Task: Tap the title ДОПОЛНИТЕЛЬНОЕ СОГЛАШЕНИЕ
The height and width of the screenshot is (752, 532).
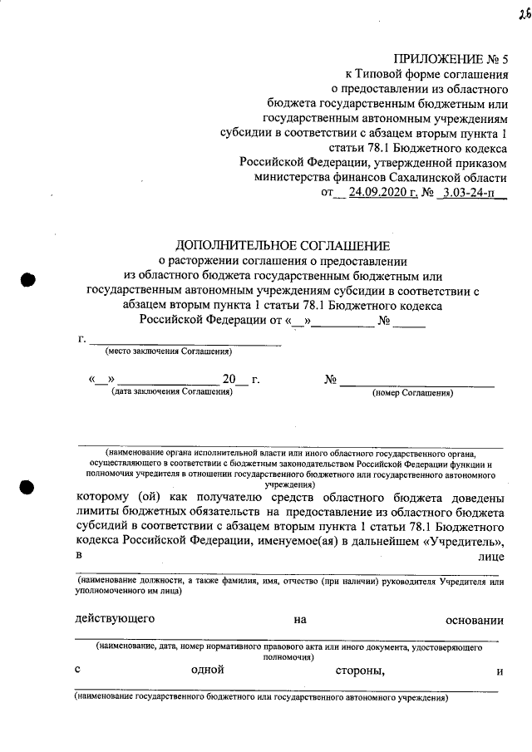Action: pos(282,245)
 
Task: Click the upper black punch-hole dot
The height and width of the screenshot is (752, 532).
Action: pos(27,280)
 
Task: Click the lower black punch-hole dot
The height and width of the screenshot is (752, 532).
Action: pos(27,489)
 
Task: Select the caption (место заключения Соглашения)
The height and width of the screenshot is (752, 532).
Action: pos(167,352)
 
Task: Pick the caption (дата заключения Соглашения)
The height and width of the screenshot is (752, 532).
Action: pos(171,392)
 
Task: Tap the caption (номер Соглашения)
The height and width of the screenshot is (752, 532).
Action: pos(412,392)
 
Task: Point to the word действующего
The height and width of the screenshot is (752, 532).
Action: pos(114,619)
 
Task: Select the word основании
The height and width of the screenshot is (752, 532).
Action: pos(475,619)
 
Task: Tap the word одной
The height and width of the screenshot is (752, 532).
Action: pos(208,669)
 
